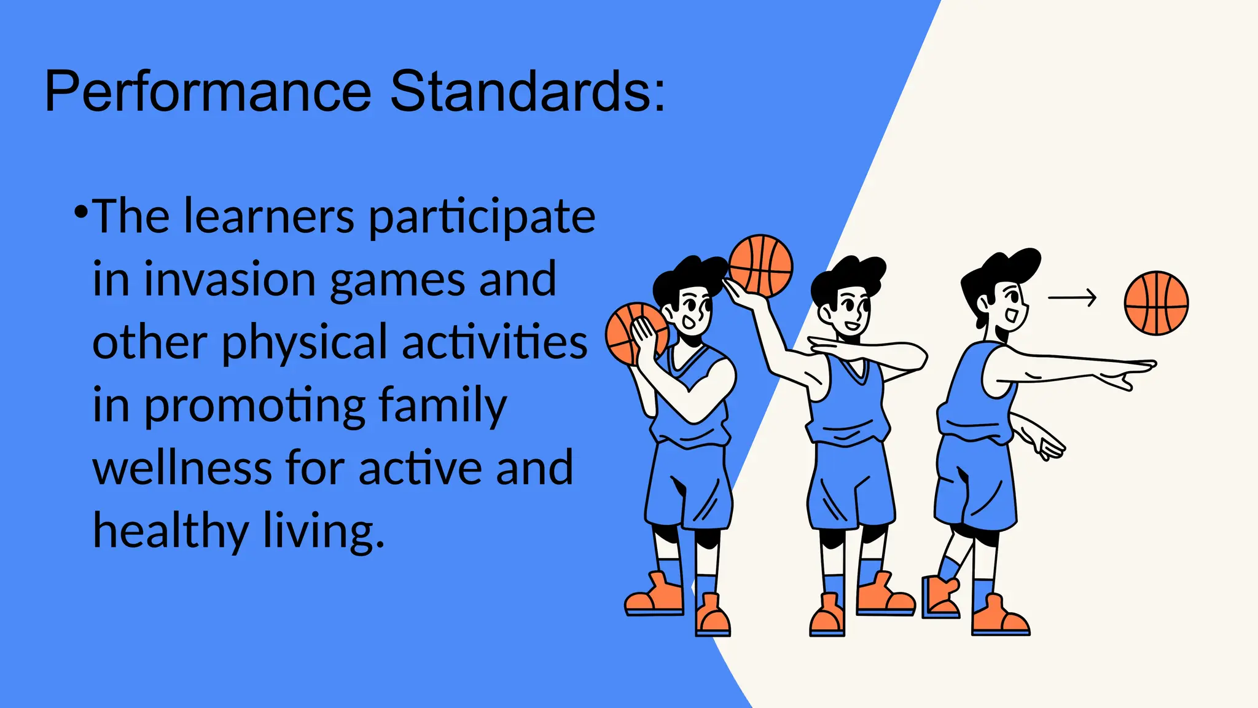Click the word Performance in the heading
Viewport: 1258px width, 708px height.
pos(208,92)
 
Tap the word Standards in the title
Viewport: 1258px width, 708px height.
pos(527,92)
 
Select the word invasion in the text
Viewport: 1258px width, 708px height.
pos(230,279)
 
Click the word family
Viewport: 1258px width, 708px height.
pos(442,406)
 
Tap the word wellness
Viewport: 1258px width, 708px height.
pos(182,468)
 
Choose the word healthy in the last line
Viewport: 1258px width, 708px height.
pos(170,531)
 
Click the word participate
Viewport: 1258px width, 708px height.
pos(482,218)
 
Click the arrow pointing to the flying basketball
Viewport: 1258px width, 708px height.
pos(1072,297)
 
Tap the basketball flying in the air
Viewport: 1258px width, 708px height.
pos(1156,303)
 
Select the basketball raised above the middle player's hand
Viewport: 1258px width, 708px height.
pos(761,265)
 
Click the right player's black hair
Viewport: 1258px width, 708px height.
pos(1001,270)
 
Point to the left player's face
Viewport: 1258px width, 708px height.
pos(694,310)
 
